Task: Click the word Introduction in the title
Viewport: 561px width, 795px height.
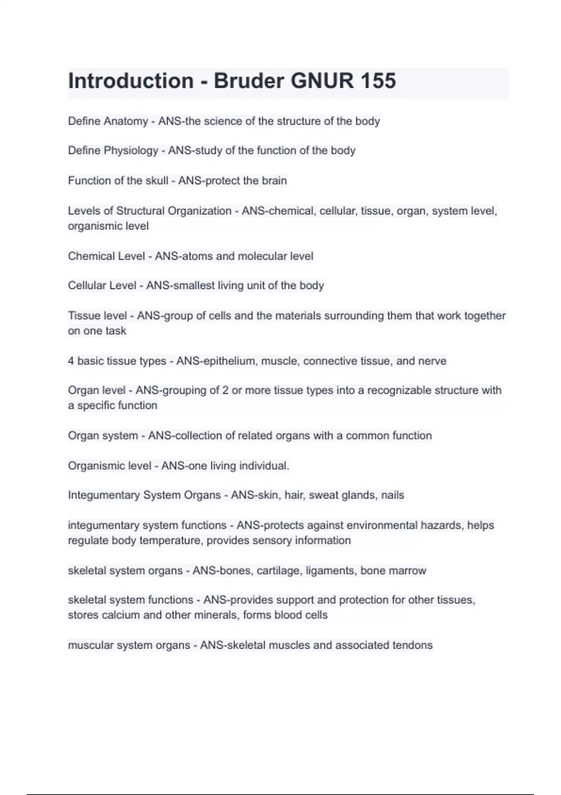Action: pos(130,81)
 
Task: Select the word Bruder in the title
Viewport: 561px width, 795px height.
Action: pos(249,81)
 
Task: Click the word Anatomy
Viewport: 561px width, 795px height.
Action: pos(126,121)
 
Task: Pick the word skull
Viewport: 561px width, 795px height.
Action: pos(157,181)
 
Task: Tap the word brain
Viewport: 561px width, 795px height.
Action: pos(274,181)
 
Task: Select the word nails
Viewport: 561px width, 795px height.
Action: pos(392,495)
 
